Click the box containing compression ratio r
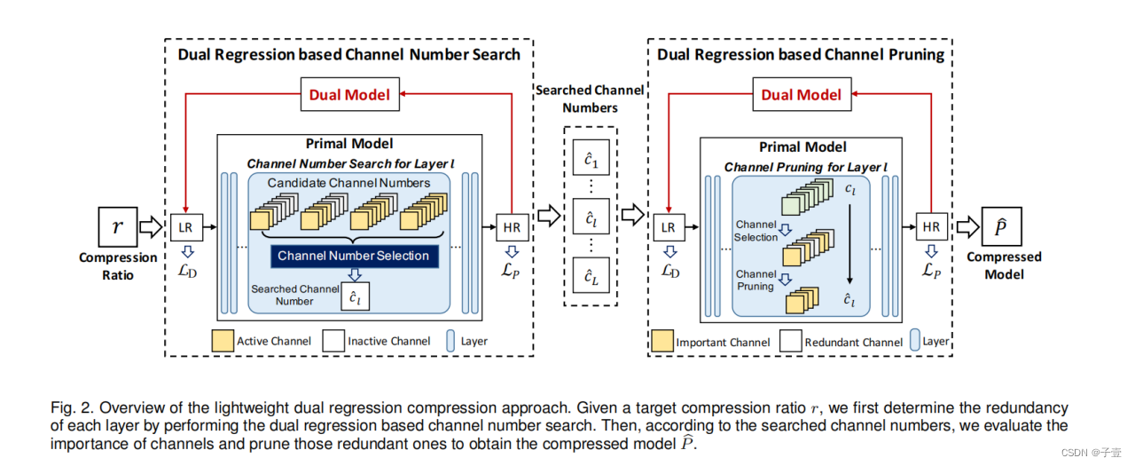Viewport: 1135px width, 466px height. (117, 226)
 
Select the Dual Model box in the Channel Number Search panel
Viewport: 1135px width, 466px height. (349, 94)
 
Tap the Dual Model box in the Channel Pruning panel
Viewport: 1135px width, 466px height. (801, 94)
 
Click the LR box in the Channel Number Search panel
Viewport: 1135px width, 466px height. (185, 227)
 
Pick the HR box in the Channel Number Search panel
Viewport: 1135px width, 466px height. (512, 227)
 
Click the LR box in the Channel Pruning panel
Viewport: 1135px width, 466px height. (668, 227)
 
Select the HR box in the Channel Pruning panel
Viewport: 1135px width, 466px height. (931, 227)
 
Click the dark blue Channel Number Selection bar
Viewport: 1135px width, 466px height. (353, 256)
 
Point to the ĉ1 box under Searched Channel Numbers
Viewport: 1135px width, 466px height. (591, 160)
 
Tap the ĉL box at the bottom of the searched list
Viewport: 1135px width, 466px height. (591, 277)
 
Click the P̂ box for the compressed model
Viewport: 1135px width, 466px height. (1001, 226)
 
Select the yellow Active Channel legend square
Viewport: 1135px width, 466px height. (222, 341)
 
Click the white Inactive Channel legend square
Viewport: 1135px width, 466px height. (333, 341)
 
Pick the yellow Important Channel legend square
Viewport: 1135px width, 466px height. (661, 342)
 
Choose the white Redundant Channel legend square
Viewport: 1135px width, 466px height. (791, 342)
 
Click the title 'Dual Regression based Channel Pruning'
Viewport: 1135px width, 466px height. (800, 55)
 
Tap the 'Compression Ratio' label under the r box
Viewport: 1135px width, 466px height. (118, 266)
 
